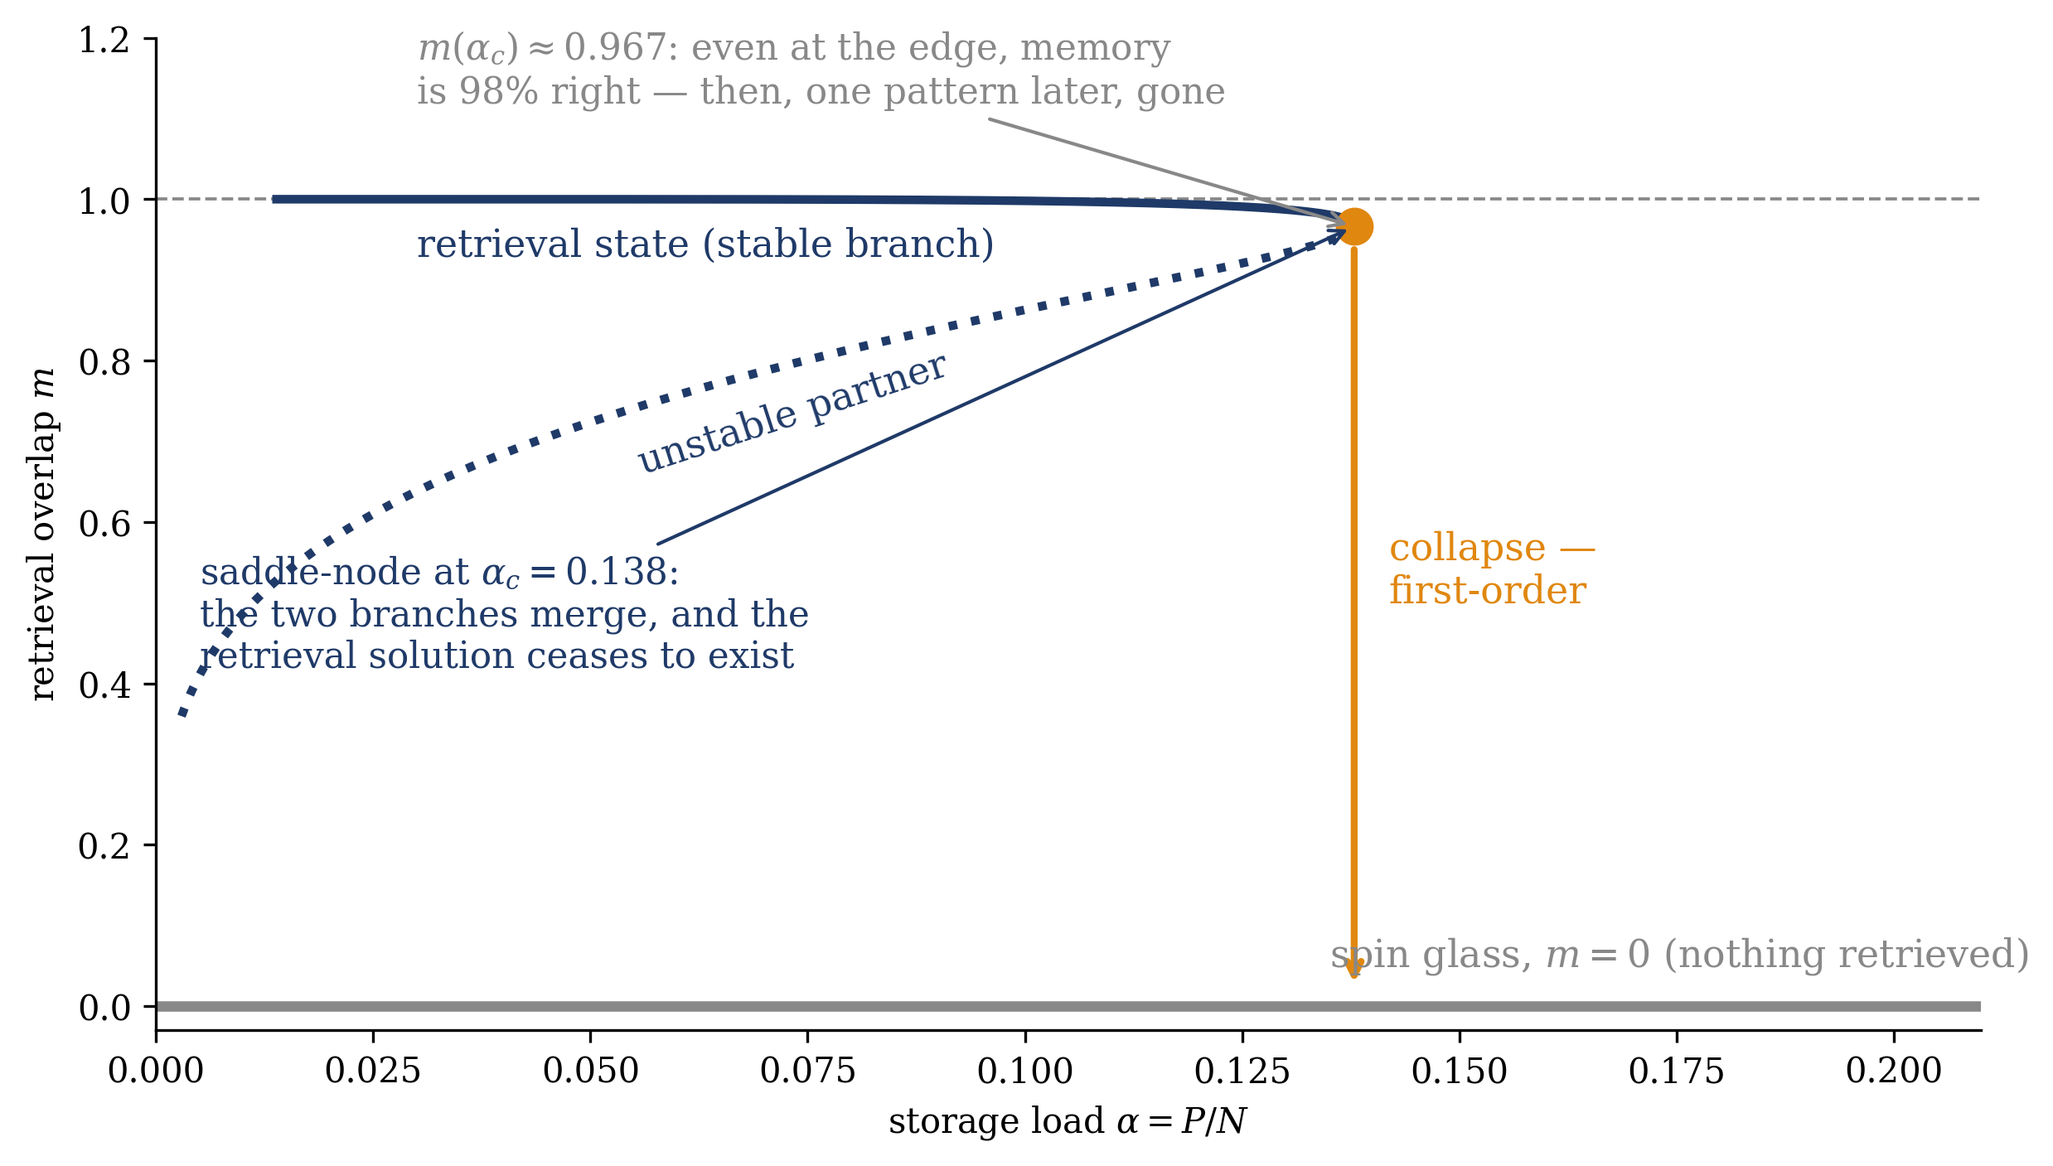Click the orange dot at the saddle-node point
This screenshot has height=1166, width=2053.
point(1354,226)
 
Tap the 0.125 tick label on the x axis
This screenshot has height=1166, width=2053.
point(1242,1072)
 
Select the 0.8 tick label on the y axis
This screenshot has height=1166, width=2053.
point(104,362)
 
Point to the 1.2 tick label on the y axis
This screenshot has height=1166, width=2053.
point(104,40)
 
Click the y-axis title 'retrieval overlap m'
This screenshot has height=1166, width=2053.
point(41,534)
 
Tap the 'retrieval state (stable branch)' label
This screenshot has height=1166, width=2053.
point(705,244)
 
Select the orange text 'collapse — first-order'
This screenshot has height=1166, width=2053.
point(1492,569)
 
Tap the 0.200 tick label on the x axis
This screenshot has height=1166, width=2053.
point(1894,1072)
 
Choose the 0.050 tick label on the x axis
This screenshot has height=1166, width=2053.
point(590,1072)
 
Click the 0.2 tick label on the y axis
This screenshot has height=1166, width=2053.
point(104,846)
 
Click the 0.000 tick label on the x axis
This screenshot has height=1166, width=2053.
point(156,1072)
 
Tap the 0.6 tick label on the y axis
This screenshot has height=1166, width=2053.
point(104,524)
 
